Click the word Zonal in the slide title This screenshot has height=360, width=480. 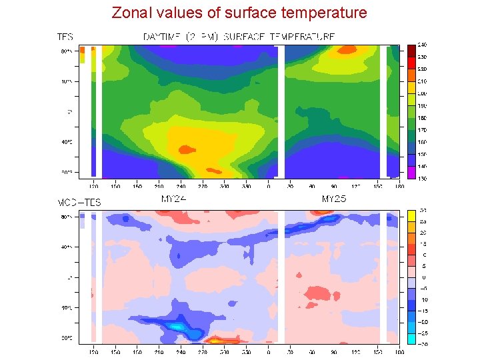[131, 13]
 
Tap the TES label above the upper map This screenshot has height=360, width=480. [65, 37]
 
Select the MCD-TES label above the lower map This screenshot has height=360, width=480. [79, 202]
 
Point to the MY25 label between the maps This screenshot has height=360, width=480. [334, 199]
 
